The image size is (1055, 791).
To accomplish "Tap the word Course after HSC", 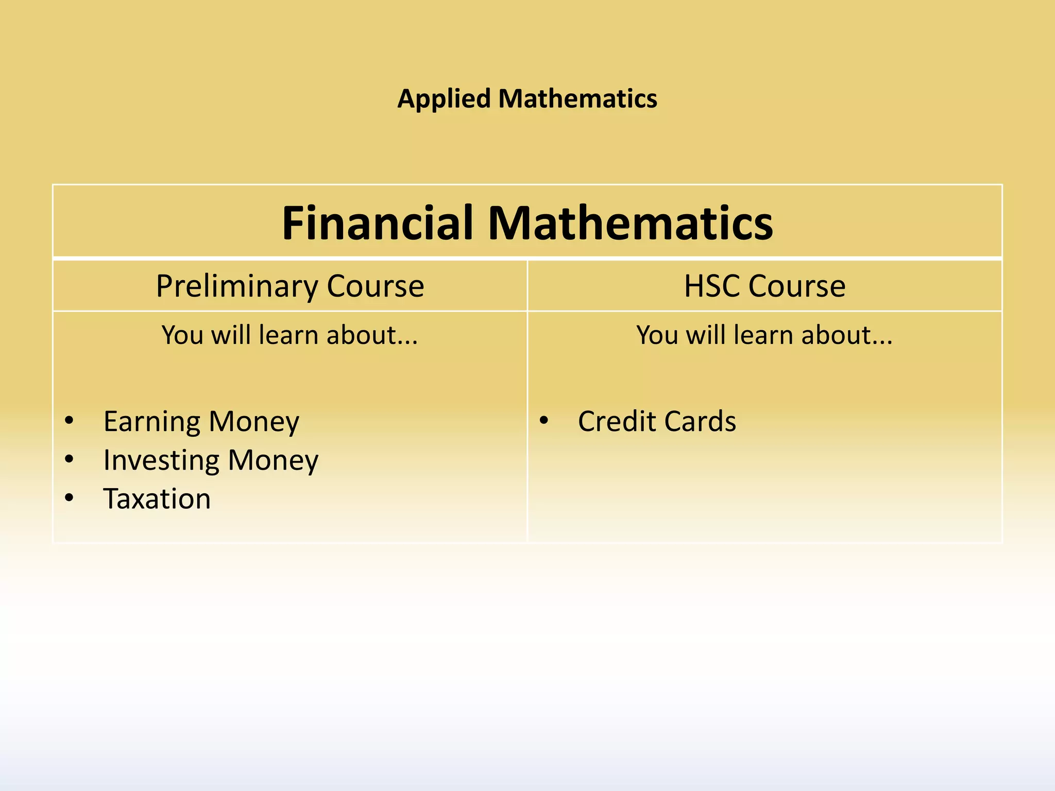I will (x=797, y=286).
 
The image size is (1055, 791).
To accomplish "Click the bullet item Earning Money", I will (x=201, y=422).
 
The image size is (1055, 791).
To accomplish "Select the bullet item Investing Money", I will (x=211, y=460).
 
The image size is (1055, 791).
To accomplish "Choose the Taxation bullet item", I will (x=157, y=499).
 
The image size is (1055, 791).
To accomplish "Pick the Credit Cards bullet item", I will (x=657, y=422).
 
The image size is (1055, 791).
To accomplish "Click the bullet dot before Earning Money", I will (x=70, y=421).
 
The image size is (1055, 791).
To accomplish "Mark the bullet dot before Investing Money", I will (x=70, y=459).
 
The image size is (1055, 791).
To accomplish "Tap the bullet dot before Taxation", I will (x=70, y=498).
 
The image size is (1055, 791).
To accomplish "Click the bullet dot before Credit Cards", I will (x=544, y=421).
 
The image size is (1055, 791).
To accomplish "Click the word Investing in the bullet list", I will (x=161, y=460).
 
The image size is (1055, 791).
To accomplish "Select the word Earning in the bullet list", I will (x=152, y=422).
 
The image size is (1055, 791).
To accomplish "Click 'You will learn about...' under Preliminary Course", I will (x=290, y=335).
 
